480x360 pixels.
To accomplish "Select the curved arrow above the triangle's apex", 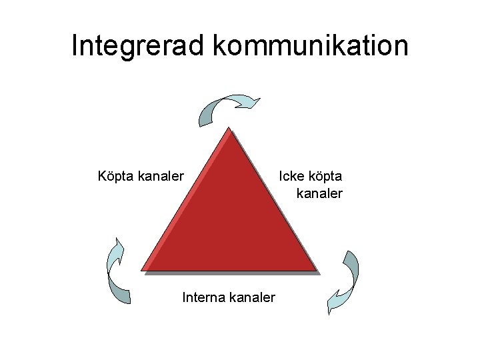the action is pyautogui.click(x=227, y=107).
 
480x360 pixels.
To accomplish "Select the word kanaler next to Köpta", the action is pyautogui.click(x=161, y=177).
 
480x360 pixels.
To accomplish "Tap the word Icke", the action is pyautogui.click(x=292, y=177).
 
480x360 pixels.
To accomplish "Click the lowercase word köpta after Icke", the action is pyautogui.click(x=325, y=177).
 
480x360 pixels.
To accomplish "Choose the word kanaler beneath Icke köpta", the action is pyautogui.click(x=319, y=193).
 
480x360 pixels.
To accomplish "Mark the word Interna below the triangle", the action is pyautogui.click(x=203, y=297).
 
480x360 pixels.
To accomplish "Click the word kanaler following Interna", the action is pyautogui.click(x=251, y=297).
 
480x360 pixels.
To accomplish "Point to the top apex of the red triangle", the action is pyautogui.click(x=229, y=129).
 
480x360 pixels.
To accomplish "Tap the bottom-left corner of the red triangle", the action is pyautogui.click(x=143, y=271).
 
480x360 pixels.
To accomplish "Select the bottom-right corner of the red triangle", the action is pyautogui.click(x=316, y=271).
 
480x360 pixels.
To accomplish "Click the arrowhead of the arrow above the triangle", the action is pyautogui.click(x=251, y=102).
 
